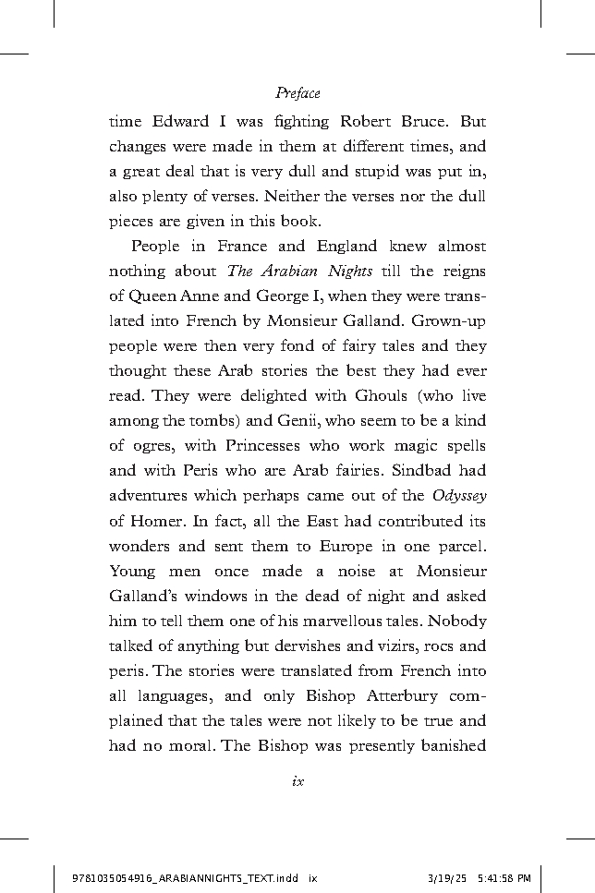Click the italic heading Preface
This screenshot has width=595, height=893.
[x=297, y=93]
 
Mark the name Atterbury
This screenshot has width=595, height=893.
[x=399, y=695]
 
